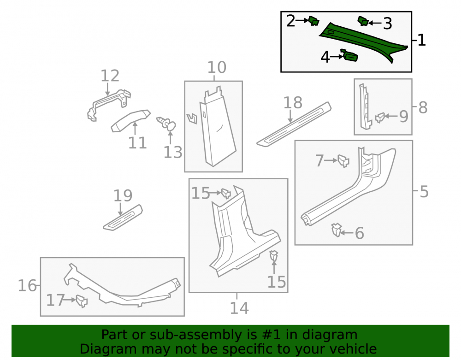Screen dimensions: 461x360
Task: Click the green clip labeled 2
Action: coord(313,21)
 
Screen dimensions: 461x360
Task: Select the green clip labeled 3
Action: coord(363,21)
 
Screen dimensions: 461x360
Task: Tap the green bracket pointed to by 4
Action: coord(349,55)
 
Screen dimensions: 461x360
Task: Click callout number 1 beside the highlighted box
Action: coord(421,40)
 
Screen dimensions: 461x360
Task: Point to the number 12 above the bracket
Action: coord(110,76)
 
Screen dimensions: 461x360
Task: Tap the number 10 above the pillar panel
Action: coord(217,67)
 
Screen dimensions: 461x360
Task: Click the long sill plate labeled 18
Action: coord(294,124)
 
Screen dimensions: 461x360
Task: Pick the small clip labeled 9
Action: coord(380,118)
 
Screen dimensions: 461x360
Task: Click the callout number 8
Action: coord(423,107)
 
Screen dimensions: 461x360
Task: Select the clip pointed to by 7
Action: coord(343,161)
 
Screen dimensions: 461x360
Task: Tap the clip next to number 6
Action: coord(336,230)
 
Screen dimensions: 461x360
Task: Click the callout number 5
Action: coord(424,192)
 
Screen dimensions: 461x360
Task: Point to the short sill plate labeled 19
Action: coord(123,218)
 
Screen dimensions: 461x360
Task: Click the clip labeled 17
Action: coord(82,301)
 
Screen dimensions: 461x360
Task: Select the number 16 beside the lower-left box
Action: coord(27,286)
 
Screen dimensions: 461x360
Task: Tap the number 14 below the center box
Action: coord(239,308)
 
